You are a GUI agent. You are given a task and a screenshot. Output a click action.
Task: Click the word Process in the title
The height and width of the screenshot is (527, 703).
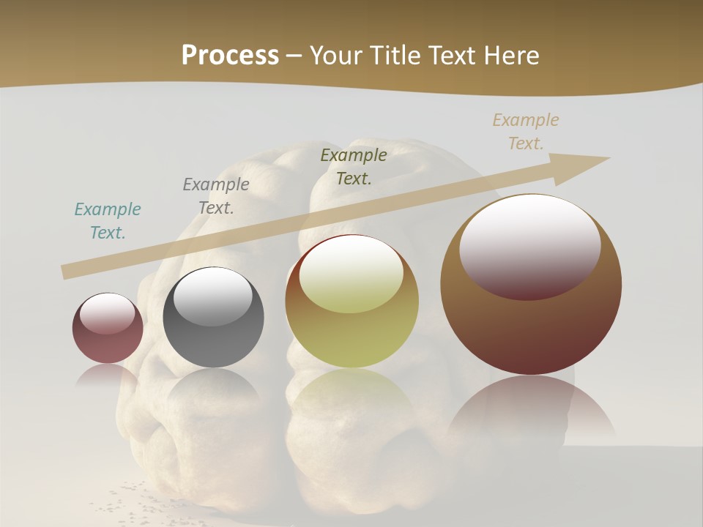[230, 56]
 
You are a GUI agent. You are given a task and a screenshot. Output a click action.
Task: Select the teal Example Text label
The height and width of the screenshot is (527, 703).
[108, 221]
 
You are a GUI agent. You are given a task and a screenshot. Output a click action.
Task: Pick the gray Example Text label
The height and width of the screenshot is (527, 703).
[216, 196]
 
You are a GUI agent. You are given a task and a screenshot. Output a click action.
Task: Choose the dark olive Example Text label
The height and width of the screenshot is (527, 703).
[354, 167]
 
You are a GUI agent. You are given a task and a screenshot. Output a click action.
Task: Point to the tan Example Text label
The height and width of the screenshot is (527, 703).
[526, 132]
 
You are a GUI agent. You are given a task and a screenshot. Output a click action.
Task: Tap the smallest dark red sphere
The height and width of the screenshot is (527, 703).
[108, 344]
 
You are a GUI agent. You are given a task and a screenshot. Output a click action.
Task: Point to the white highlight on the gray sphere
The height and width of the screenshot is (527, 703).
[213, 296]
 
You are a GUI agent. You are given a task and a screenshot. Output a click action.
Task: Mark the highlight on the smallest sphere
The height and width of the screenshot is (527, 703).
[108, 313]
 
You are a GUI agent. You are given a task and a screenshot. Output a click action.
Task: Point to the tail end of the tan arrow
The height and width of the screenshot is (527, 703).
[67, 272]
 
